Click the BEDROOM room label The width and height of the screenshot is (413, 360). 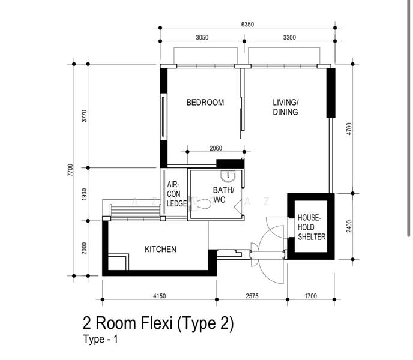pos(205,102)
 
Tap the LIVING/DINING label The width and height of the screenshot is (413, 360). pos(286,107)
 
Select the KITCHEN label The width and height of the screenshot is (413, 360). pos(160,249)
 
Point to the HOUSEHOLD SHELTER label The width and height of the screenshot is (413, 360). pos(312,227)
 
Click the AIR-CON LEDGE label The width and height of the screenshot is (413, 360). pos(176,194)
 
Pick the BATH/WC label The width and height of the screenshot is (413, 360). pos(223,194)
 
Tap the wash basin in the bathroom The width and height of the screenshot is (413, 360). pos(228,176)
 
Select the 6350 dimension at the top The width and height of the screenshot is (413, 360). pos(247,24)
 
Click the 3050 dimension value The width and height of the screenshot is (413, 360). pos(202,37)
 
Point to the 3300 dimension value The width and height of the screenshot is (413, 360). pos(289,37)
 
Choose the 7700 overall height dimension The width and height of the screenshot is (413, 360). pos(70,170)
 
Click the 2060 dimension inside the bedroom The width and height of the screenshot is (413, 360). pos(216,148)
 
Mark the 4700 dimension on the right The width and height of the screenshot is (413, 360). pos(349,129)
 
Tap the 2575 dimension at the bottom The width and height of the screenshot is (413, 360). pos(252,296)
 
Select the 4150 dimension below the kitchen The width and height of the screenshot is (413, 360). pos(160,296)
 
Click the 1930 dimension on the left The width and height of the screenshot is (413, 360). pos(84,194)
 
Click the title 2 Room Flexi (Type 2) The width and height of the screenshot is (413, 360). pos(158,323)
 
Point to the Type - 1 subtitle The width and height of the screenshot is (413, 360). pos(101,339)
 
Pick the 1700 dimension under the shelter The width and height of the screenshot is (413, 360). pos(310,296)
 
